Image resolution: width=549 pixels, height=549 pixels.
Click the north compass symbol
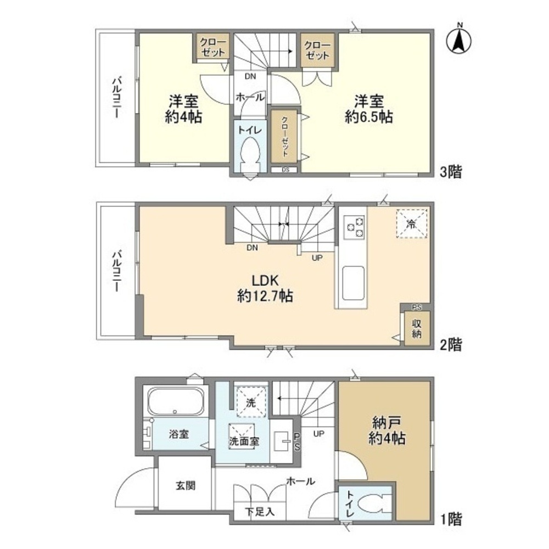(x=460, y=40)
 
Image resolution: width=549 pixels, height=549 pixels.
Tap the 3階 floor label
(x=451, y=172)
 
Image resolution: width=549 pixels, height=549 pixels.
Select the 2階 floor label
(x=451, y=345)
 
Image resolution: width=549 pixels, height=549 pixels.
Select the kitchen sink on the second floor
(x=354, y=282)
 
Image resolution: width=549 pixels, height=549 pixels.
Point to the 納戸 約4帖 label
(x=388, y=430)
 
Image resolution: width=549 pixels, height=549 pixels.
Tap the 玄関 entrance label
(x=185, y=486)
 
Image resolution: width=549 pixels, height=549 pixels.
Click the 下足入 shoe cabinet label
(x=260, y=512)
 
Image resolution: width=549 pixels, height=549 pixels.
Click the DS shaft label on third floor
(x=285, y=169)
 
